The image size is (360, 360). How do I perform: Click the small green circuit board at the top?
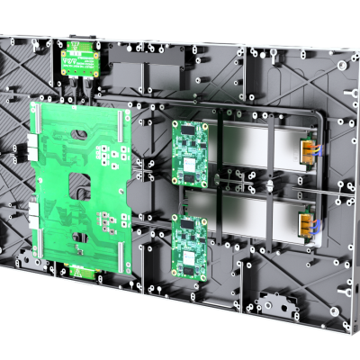point(78,58)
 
